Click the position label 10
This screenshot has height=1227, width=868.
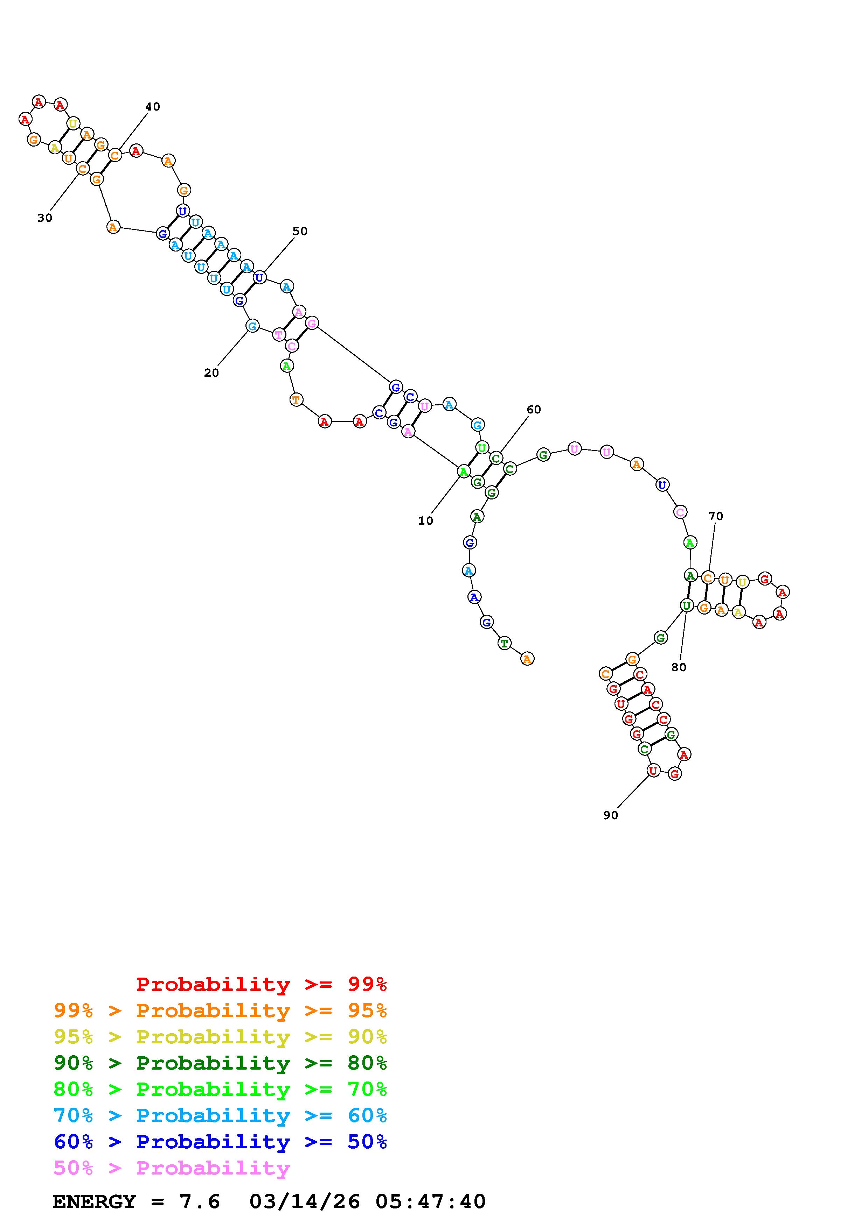pos(426,521)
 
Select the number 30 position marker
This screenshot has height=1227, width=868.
pos(45,218)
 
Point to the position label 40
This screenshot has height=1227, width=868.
pos(153,107)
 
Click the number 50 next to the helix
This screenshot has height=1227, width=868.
pos(300,232)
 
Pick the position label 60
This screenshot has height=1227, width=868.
pos(534,410)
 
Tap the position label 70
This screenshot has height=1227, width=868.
pos(716,516)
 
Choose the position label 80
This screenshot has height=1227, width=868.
pos(679,667)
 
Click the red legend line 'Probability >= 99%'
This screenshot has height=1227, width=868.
pos(262,984)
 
